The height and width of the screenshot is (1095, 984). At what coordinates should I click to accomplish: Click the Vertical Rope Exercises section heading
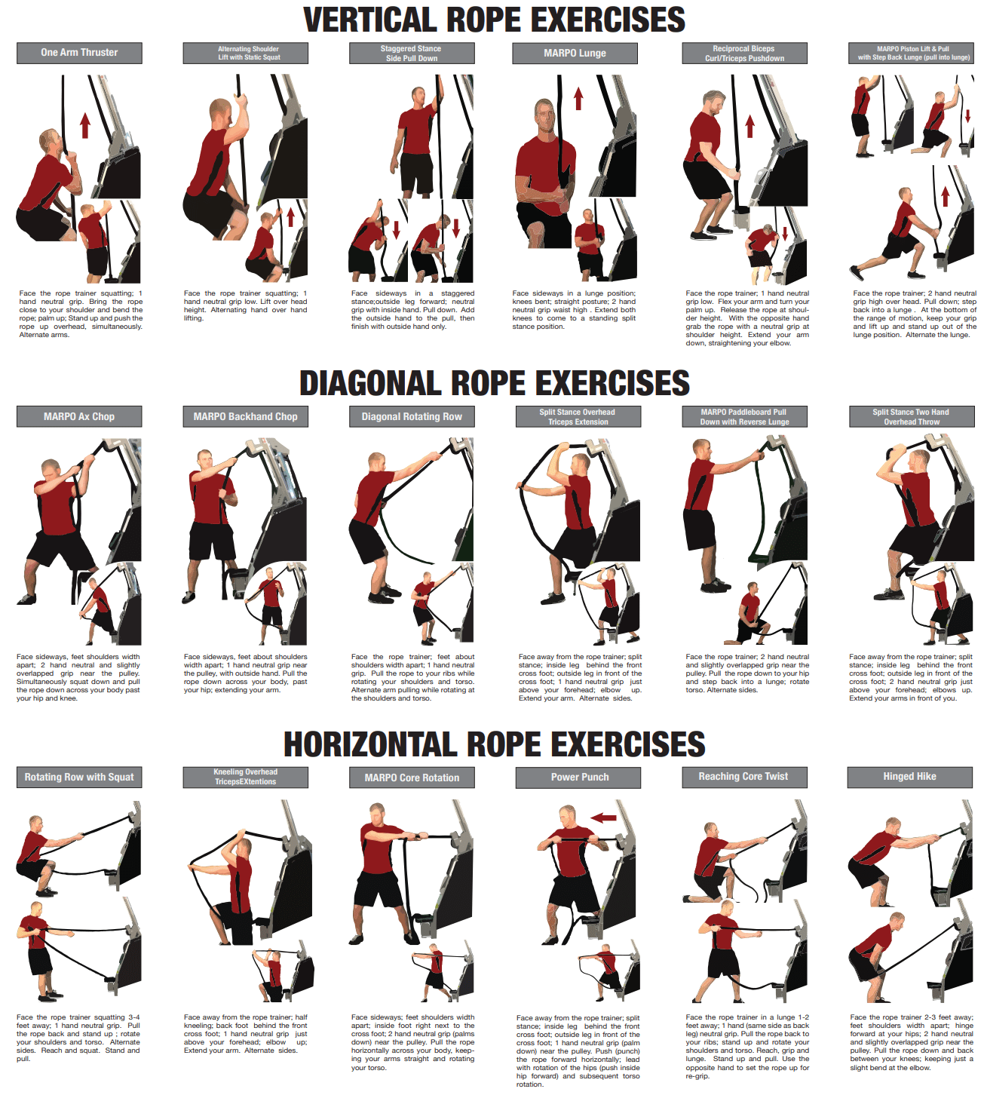pyautogui.click(x=494, y=20)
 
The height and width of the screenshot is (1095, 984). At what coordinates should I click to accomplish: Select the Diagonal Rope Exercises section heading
pyautogui.click(x=494, y=383)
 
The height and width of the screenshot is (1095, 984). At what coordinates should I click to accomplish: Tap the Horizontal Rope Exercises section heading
pyautogui.click(x=494, y=745)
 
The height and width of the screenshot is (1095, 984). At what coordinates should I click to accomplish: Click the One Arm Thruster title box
pyautogui.click(x=79, y=53)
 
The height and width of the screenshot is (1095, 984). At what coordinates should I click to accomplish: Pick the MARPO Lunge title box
pyautogui.click(x=575, y=53)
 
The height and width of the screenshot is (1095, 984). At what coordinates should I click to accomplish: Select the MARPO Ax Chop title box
pyautogui.click(x=79, y=416)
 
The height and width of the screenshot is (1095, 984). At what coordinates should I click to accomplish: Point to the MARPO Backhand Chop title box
pyautogui.click(x=245, y=416)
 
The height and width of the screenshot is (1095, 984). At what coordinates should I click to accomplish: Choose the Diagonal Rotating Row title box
pyautogui.click(x=412, y=416)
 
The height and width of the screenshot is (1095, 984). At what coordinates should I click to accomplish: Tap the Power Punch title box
pyautogui.click(x=579, y=778)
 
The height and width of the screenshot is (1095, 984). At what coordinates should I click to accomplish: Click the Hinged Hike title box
pyautogui.click(x=909, y=777)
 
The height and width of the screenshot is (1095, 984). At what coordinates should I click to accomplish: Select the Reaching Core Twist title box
pyautogui.click(x=743, y=777)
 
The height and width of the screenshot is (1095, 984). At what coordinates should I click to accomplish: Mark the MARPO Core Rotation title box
pyautogui.click(x=412, y=778)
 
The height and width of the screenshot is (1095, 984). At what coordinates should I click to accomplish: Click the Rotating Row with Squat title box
pyautogui.click(x=79, y=778)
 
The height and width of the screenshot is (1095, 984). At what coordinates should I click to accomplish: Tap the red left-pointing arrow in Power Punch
pyautogui.click(x=603, y=817)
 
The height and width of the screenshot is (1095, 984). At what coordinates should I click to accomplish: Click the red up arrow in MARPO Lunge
pyautogui.click(x=578, y=99)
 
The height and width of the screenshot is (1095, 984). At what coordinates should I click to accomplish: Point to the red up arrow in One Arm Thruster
pyautogui.click(x=85, y=125)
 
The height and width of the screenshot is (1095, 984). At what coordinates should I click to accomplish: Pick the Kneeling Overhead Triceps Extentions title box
pyautogui.click(x=245, y=778)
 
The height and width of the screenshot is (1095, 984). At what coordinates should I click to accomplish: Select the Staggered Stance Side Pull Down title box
pyautogui.click(x=412, y=53)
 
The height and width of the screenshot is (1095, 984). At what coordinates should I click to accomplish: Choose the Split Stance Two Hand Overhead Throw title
pyautogui.click(x=910, y=417)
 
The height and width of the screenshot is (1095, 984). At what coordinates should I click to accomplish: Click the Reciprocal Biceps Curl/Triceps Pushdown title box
pyautogui.click(x=744, y=53)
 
